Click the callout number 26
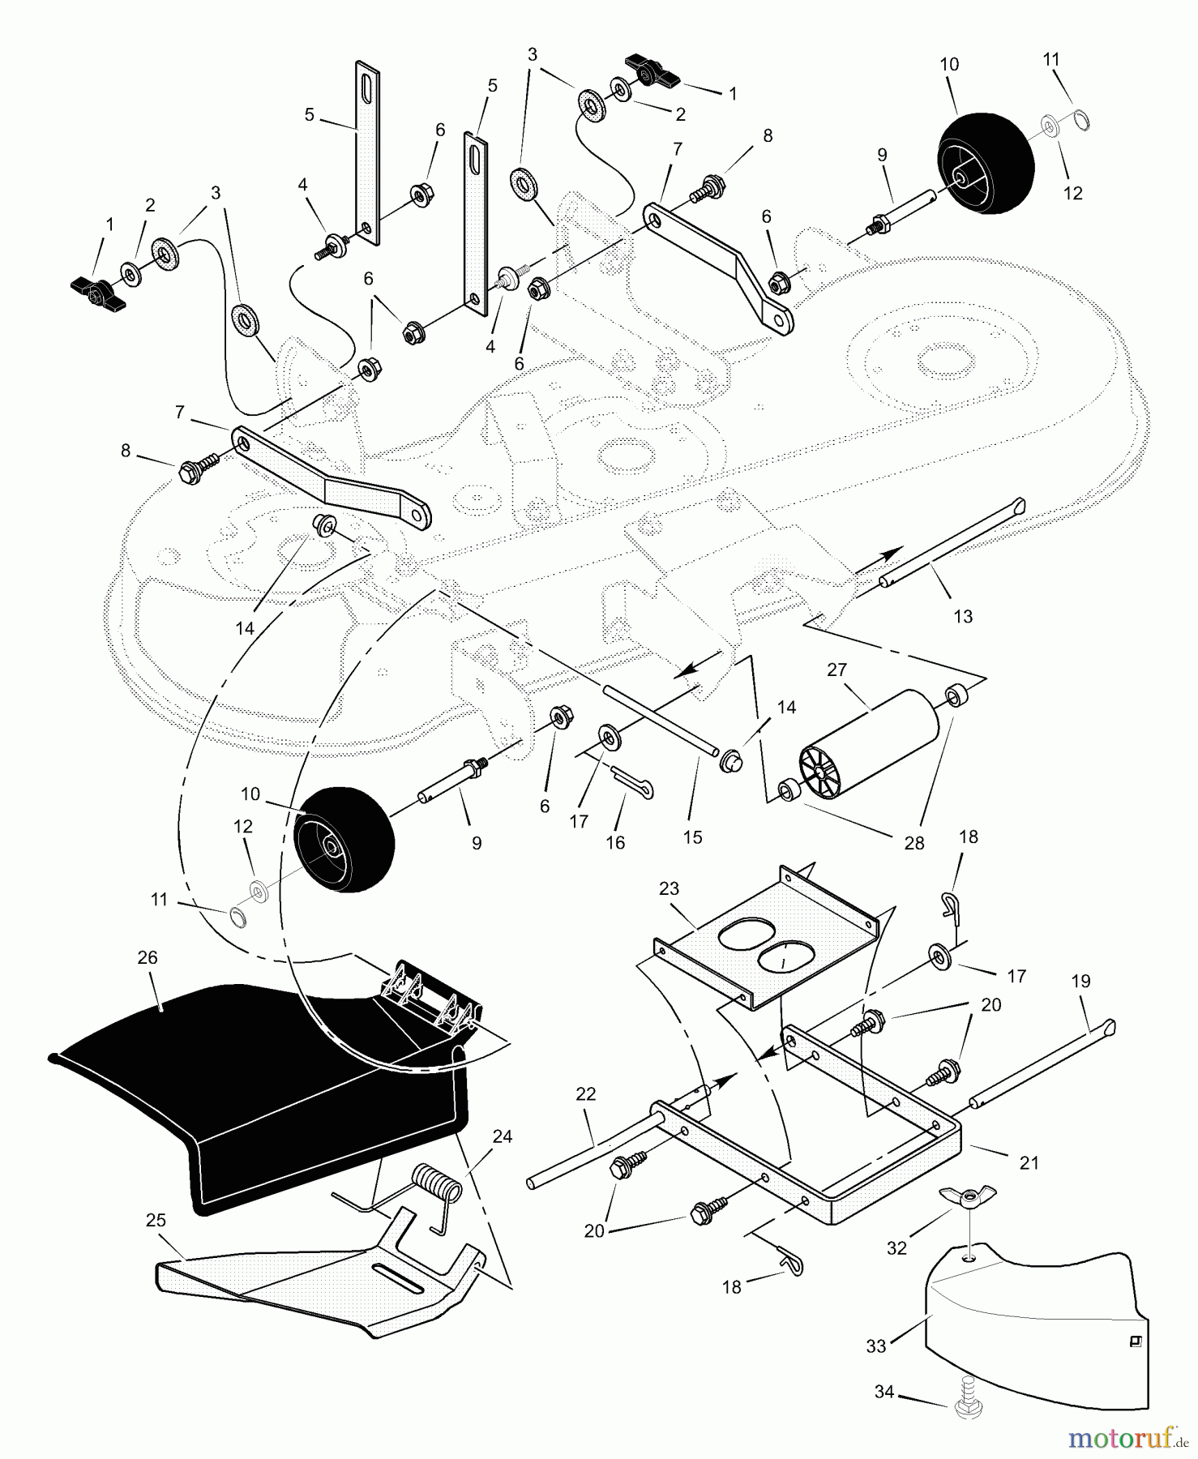point(147,957)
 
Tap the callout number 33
point(876,1346)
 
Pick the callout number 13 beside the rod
point(962,617)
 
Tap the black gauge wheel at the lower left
point(344,840)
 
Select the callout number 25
point(156,1220)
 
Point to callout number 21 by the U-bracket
point(1029,1163)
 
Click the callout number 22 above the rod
point(585,1094)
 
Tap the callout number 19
point(1080,981)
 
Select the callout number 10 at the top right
point(949,64)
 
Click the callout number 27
point(836,670)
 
